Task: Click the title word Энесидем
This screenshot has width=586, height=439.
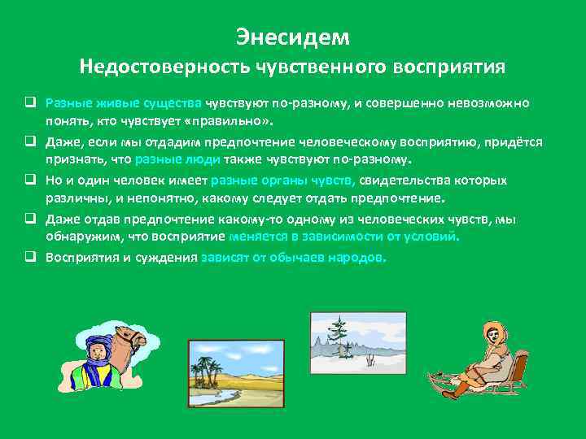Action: (x=292, y=37)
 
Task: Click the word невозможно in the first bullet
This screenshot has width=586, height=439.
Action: (x=491, y=103)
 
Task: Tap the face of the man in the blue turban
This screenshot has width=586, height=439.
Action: (x=94, y=352)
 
